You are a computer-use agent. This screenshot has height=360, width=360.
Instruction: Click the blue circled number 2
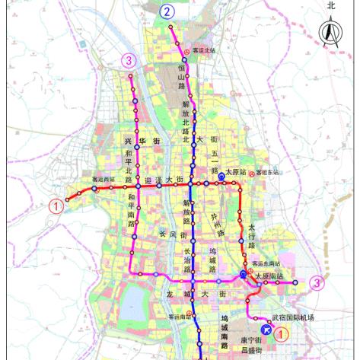[167, 11]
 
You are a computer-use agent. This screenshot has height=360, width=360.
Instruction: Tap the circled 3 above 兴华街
[130, 60]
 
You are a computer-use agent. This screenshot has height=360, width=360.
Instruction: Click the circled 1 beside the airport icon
[281, 333]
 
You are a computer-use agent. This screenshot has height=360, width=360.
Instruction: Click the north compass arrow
[330, 34]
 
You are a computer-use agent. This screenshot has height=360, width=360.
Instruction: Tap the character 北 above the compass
[331, 5]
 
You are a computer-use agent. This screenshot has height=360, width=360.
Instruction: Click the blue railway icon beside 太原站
[221, 175]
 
